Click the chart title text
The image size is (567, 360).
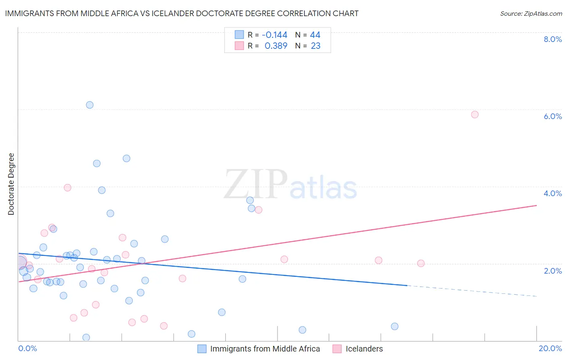pyautogui.click(x=181, y=13)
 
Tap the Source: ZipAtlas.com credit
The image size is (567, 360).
pyautogui.click(x=531, y=13)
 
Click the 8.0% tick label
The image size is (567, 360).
pyautogui.click(x=552, y=39)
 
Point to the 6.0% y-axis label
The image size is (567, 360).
pyautogui.click(x=552, y=116)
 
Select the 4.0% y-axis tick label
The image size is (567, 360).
pyautogui.click(x=552, y=193)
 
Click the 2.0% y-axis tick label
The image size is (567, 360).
pyautogui.click(x=552, y=271)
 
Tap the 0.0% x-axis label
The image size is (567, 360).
pyautogui.click(x=27, y=348)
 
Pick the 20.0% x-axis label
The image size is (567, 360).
pyautogui.click(x=550, y=348)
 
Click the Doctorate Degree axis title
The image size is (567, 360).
pyautogui.click(x=11, y=184)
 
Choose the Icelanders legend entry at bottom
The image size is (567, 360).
pyautogui.click(x=364, y=349)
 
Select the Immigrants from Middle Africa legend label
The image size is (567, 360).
pyautogui.click(x=265, y=349)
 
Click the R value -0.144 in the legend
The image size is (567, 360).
pyautogui.click(x=274, y=35)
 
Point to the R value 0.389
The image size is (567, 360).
pyautogui.click(x=276, y=46)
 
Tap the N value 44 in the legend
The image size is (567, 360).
pyautogui.click(x=315, y=35)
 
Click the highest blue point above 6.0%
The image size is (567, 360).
pyautogui.click(x=90, y=105)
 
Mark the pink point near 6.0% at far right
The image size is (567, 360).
pyautogui.click(x=475, y=115)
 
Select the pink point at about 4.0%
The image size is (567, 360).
pyautogui.click(x=67, y=188)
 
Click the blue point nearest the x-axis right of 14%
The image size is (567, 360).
pyautogui.click(x=394, y=327)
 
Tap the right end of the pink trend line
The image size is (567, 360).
pyautogui.click(x=536, y=205)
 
